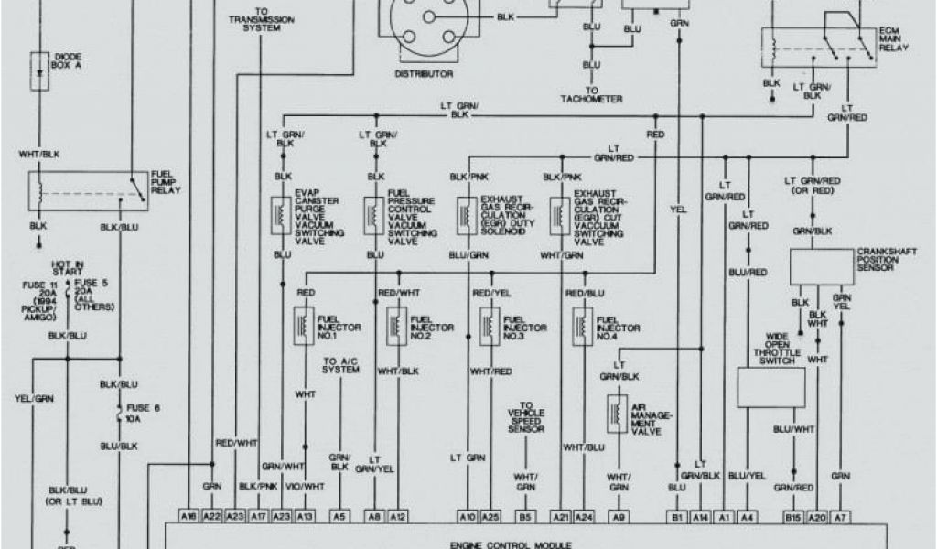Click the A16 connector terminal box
[x=188, y=516]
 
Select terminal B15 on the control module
[x=792, y=516]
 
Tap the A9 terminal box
[x=619, y=516]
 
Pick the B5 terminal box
[x=525, y=516]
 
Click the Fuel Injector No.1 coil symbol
[x=301, y=326]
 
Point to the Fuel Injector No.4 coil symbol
[x=580, y=326]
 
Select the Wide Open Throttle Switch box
[x=771, y=387]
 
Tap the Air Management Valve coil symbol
[x=612, y=414]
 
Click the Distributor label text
[x=423, y=72]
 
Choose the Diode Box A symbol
[x=40, y=70]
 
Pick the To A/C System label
[x=340, y=366]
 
